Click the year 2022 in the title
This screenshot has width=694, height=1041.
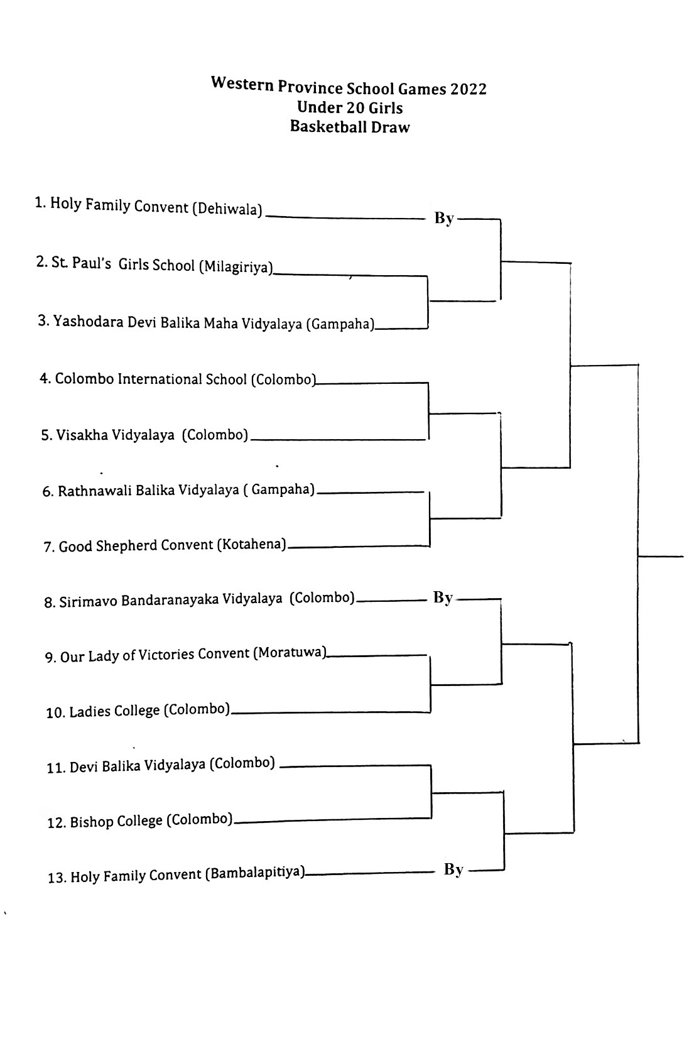(467, 89)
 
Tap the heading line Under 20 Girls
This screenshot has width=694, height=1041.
(350, 107)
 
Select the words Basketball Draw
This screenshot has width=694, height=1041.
(350, 126)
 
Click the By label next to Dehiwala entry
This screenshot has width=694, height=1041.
(444, 218)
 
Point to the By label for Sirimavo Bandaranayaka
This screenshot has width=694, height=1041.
(443, 597)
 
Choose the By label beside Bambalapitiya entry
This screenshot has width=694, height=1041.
(454, 869)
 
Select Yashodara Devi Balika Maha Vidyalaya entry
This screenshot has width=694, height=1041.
(206, 322)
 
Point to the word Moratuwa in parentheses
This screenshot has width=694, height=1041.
(290, 653)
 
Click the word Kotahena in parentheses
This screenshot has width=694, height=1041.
(251, 543)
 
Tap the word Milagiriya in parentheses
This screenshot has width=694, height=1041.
(236, 267)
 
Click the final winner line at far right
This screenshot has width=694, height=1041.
(661, 556)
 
